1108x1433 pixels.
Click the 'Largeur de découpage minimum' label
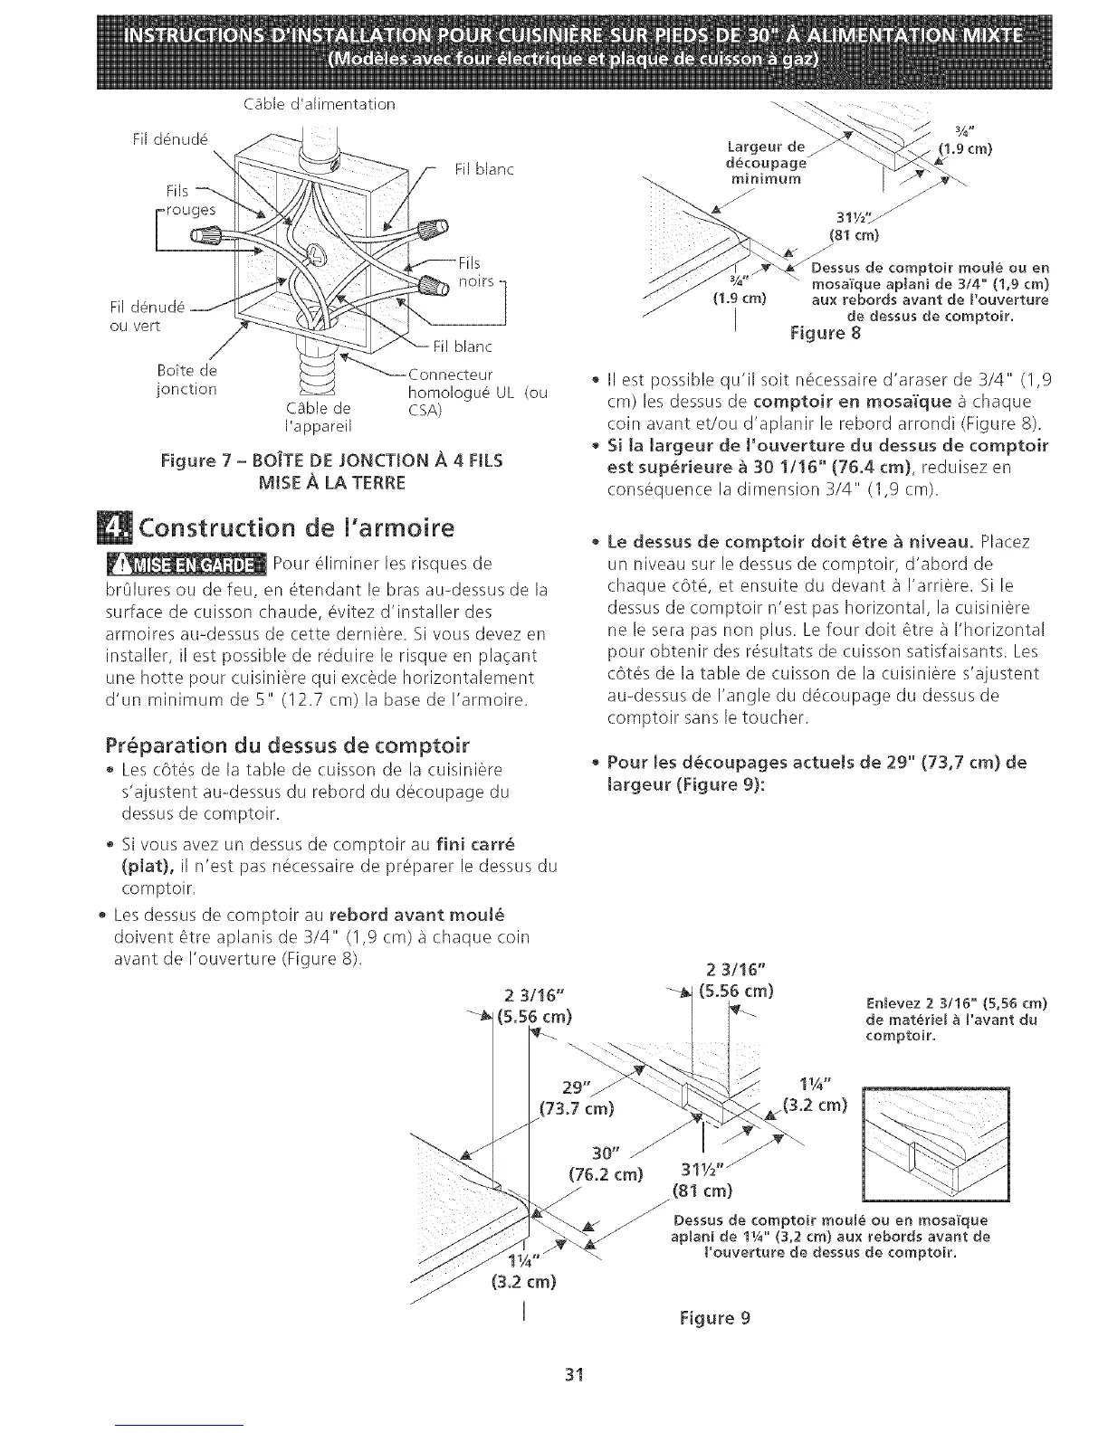point(766,163)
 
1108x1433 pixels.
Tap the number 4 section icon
point(120,528)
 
